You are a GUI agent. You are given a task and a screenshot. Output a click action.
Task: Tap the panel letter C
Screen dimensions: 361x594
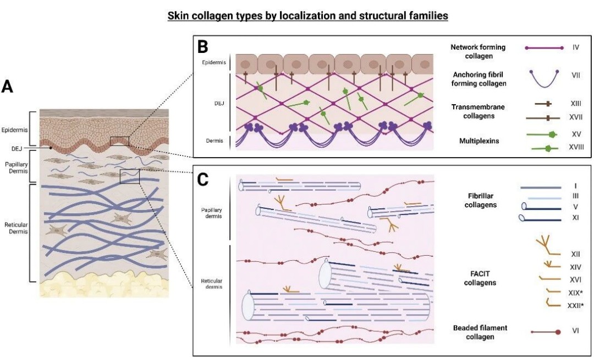tap(203, 180)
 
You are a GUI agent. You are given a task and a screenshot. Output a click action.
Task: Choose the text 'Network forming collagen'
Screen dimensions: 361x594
tap(478, 51)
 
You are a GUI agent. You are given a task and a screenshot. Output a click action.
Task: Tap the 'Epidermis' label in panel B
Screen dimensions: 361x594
tap(212, 62)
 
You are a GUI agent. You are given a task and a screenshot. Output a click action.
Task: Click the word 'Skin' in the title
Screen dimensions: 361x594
tap(178, 16)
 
